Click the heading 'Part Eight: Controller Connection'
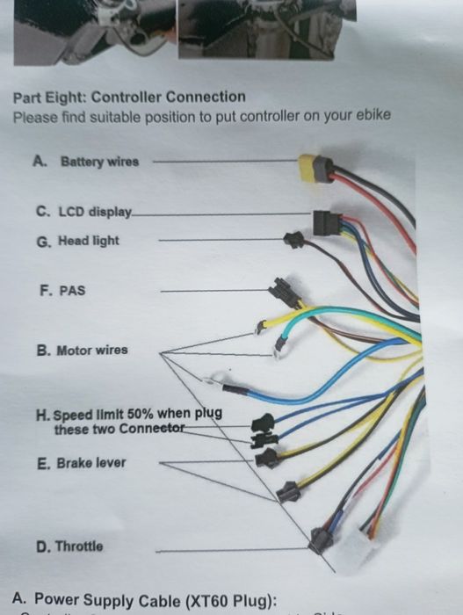(x=130, y=97)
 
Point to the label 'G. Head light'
(x=78, y=240)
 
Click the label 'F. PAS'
(x=62, y=289)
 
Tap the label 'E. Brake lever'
(x=82, y=462)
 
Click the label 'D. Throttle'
(x=69, y=546)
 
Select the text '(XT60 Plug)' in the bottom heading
(x=230, y=601)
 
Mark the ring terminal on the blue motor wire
(x=210, y=382)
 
